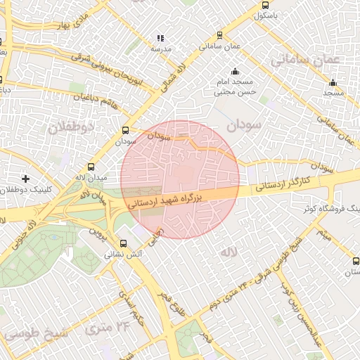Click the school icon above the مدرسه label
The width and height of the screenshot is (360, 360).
tap(160, 38)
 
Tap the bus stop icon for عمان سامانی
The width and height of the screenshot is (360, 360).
tap(219, 34)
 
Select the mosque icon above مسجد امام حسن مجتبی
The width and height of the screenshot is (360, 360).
tap(235, 72)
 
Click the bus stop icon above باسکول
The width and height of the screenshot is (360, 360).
tap(261, 3)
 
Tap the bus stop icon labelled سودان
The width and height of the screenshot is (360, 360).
tap(126, 130)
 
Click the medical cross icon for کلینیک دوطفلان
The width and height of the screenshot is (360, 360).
tap(26, 179)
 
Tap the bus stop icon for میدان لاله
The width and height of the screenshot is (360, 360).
tap(79, 167)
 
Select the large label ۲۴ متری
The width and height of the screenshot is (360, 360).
tap(109, 327)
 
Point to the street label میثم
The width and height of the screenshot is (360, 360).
tap(323, 233)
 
